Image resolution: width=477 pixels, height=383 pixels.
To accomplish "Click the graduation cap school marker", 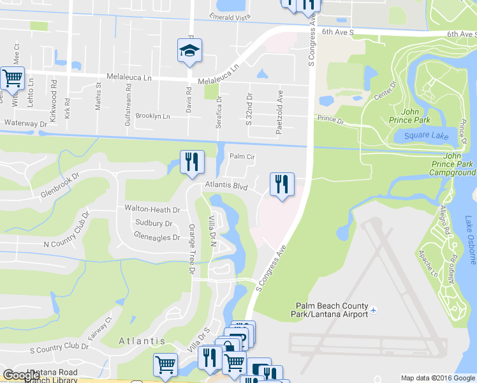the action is [189, 51].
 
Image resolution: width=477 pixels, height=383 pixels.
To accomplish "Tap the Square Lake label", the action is [422, 135].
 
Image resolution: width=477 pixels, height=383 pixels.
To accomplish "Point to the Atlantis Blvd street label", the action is [225, 186].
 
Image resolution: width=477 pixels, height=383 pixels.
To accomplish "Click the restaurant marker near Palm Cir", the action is [191, 163].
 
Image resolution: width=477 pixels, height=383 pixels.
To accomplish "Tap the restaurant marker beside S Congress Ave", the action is [281, 185].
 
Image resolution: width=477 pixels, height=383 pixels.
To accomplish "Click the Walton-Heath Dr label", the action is [152, 209].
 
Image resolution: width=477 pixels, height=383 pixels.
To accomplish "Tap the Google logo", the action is [21, 375].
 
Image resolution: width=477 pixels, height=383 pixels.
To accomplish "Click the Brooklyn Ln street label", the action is [152, 116].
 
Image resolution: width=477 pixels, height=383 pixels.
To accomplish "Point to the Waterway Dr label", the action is [26, 123].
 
